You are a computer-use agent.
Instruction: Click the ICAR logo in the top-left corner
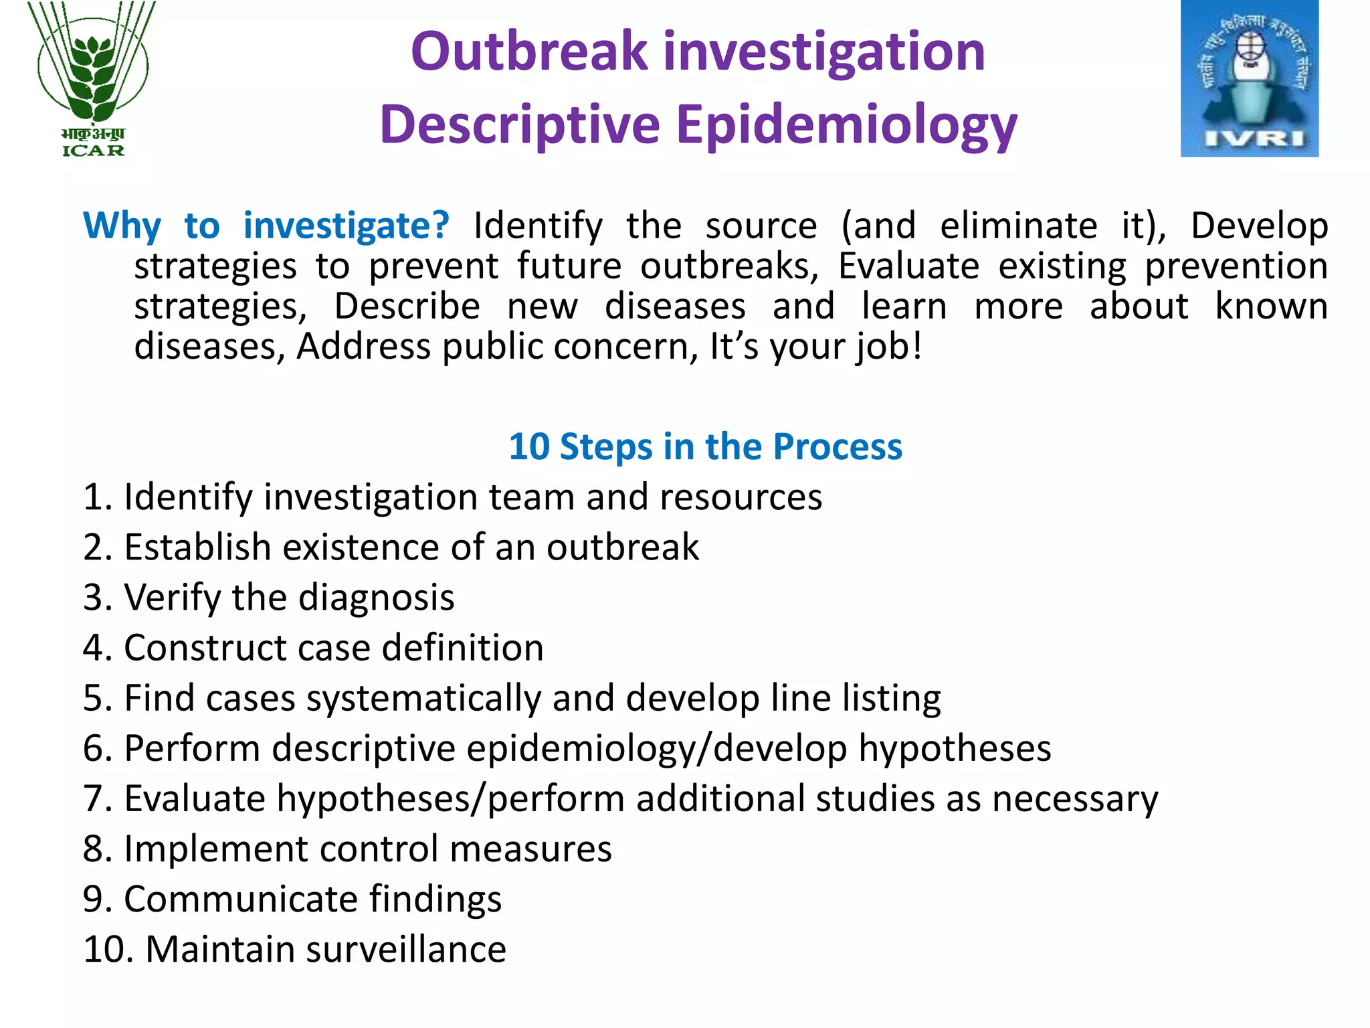click(93, 79)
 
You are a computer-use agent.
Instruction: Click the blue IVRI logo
click(1249, 79)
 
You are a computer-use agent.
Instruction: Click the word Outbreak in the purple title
click(529, 52)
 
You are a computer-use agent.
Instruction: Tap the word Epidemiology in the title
click(846, 125)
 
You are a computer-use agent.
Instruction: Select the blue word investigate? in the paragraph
click(346, 226)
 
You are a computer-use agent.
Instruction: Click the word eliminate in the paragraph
click(1018, 226)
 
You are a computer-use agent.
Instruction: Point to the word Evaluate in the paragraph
click(908, 266)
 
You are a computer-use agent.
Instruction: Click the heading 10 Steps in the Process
click(705, 446)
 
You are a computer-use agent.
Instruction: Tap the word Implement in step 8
click(216, 849)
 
